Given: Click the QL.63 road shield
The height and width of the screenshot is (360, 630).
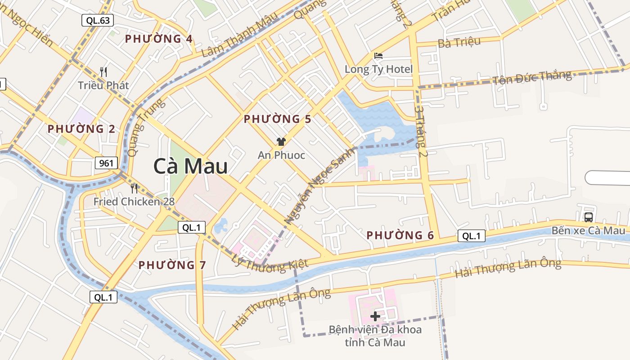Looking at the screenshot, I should [x=97, y=20].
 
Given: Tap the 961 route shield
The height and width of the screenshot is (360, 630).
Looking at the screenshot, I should [x=106, y=163].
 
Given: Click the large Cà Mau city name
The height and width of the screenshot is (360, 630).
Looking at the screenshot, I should [x=190, y=166].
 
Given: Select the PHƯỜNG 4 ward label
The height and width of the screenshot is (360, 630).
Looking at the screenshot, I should [x=159, y=39].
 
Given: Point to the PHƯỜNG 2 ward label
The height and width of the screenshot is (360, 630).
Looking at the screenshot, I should [x=81, y=129].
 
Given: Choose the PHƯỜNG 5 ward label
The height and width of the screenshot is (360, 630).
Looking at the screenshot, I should [x=278, y=119].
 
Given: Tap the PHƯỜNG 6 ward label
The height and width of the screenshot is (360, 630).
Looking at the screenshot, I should [x=400, y=235].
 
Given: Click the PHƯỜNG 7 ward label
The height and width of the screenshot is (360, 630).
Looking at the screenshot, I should [x=172, y=265].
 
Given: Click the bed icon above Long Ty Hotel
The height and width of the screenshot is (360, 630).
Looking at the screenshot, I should [x=378, y=56].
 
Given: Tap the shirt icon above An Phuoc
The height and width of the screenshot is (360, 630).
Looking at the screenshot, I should [x=281, y=142].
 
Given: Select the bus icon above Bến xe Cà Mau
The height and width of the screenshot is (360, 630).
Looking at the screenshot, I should [x=588, y=217].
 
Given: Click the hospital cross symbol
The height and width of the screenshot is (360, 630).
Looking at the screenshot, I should [x=375, y=316].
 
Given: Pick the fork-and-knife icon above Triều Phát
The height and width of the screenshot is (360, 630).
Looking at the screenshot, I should [x=103, y=72].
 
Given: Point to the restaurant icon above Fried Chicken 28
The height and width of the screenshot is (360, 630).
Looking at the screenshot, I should [x=134, y=188].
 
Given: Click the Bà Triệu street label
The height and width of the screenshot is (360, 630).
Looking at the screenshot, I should [x=459, y=42].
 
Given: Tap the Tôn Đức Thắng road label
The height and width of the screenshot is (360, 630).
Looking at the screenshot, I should [x=532, y=78].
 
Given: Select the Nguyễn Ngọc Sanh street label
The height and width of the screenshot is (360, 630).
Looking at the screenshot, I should [x=319, y=186].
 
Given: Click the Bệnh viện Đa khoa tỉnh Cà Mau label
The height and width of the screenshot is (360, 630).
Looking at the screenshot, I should [x=375, y=336].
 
